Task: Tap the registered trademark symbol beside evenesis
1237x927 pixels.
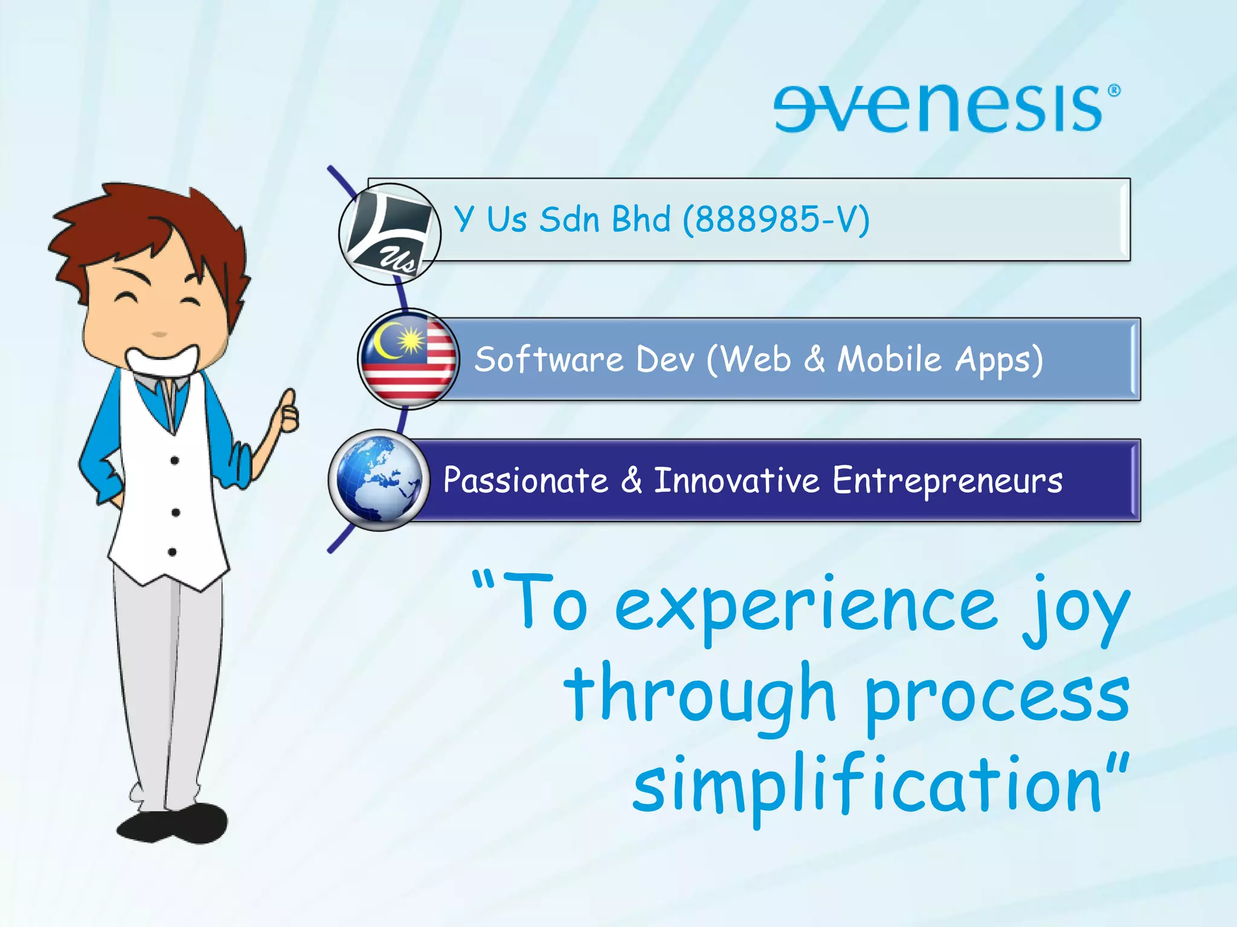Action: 1114,91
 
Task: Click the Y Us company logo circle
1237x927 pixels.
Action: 390,234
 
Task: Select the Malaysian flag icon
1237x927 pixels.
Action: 409,360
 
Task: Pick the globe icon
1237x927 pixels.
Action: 379,480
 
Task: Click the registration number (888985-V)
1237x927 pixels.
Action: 776,219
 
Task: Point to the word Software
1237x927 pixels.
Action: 548,360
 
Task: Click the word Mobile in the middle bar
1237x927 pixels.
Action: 889,360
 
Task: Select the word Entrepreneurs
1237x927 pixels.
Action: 947,481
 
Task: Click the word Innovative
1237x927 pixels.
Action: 736,481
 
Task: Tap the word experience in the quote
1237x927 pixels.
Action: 806,607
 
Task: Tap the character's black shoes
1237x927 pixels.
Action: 173,823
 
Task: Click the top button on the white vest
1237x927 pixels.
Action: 175,460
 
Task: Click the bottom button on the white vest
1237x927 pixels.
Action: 172,552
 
